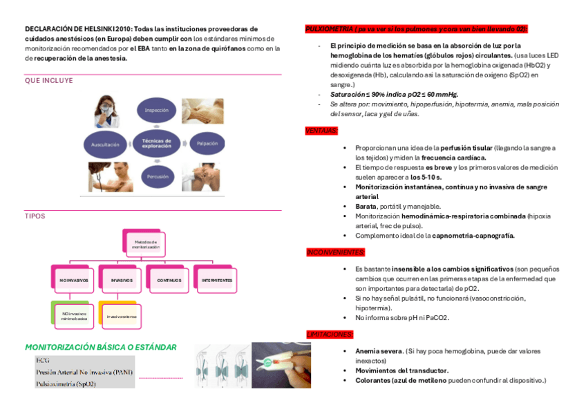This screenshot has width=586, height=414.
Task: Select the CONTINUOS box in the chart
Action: coord(169,280)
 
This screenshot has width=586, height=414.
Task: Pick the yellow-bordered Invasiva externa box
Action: coord(122,317)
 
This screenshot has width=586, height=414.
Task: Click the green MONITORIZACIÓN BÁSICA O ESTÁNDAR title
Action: coord(101,348)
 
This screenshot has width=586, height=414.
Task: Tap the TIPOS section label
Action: coord(35,216)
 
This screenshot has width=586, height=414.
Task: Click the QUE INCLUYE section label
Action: coord(48,81)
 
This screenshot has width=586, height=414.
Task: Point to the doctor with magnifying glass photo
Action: coord(111,110)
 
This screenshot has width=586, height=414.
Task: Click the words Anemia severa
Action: coord(378,351)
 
